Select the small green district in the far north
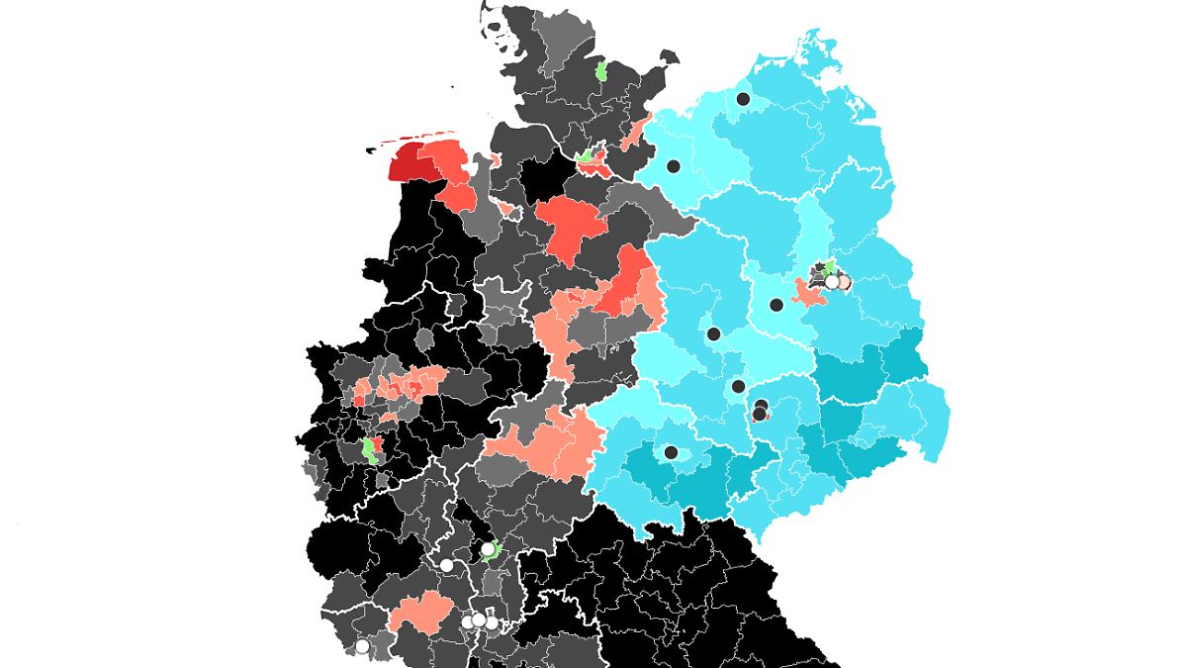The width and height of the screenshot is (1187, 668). pyautogui.click(x=601, y=72)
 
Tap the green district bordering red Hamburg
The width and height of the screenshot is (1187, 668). pyautogui.click(x=586, y=154)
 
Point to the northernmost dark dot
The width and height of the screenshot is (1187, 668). pyautogui.click(x=743, y=98)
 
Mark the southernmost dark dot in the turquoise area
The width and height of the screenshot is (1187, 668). pyautogui.click(x=671, y=452)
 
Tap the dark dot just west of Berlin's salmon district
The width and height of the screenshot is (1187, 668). pyautogui.click(x=776, y=305)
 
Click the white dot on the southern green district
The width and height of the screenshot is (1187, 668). pyautogui.click(x=488, y=548)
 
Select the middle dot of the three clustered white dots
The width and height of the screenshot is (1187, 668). pyautogui.click(x=479, y=620)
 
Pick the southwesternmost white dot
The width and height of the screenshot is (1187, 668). pyautogui.click(x=362, y=646)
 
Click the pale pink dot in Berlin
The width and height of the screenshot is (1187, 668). pyautogui.click(x=844, y=282)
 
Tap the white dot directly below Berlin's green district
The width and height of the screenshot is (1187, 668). pyautogui.click(x=832, y=282)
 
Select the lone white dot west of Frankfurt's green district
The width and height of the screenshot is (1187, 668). pyautogui.click(x=446, y=565)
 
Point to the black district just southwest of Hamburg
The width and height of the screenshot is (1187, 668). pyautogui.click(x=543, y=179)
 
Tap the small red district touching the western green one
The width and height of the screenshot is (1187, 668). pyautogui.click(x=378, y=444)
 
